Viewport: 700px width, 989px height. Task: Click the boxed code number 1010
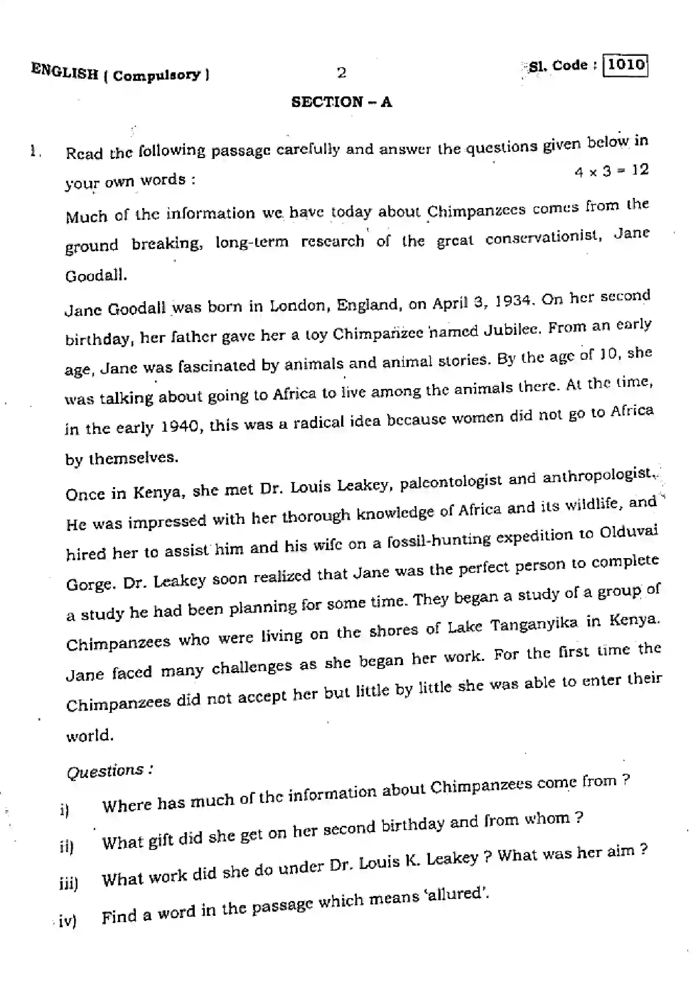tap(626, 65)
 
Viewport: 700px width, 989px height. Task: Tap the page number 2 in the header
tap(342, 73)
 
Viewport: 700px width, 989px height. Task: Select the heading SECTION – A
tap(342, 102)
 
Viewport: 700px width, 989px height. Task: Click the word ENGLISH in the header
tap(65, 71)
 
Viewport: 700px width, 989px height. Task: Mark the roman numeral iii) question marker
tap(69, 884)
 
